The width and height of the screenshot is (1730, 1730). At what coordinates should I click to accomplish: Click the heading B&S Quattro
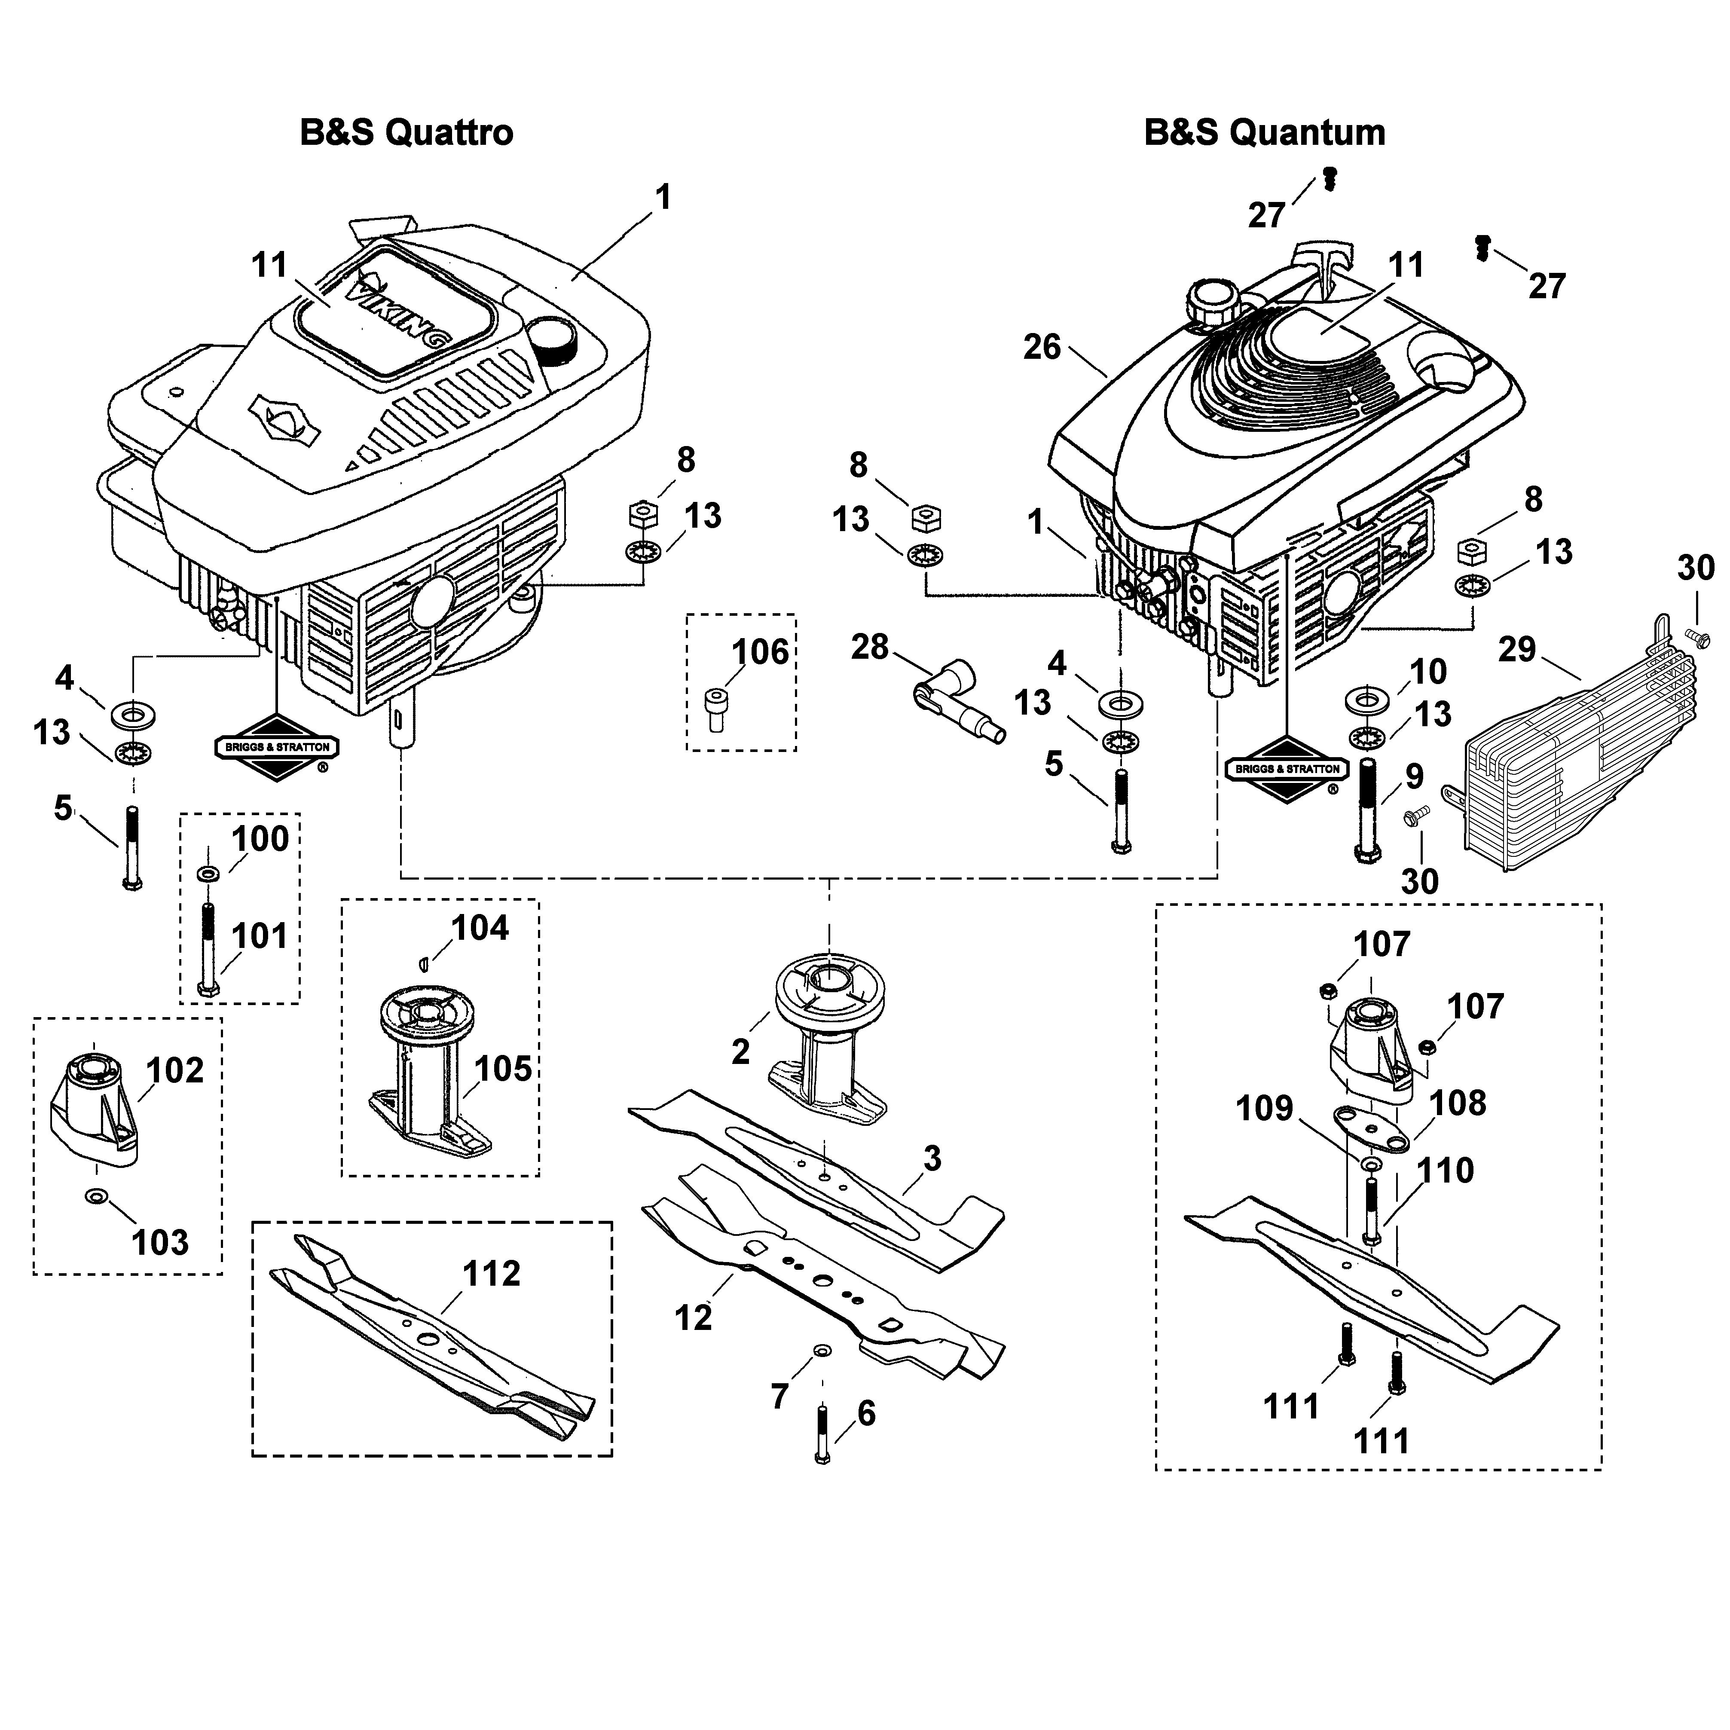tap(407, 132)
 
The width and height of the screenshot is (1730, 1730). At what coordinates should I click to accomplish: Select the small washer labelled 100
tap(208, 873)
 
